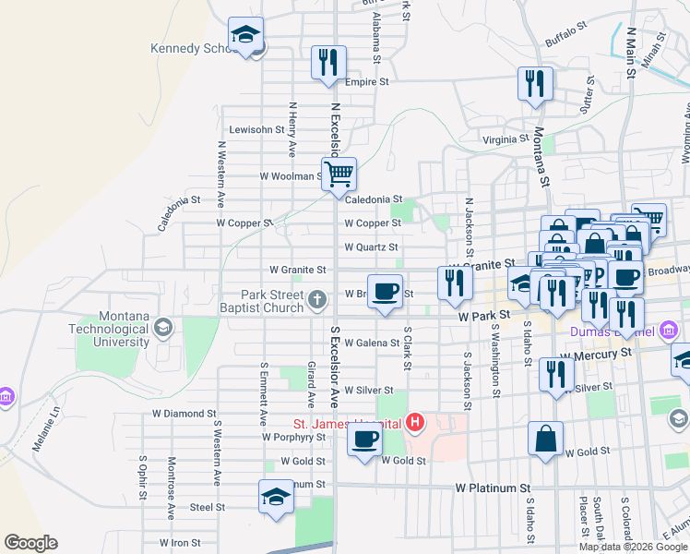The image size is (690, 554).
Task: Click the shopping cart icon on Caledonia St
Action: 339,173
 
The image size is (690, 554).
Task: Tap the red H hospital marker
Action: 415,424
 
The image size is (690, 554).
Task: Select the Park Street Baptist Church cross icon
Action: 316,298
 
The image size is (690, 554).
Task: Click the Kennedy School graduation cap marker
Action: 246,36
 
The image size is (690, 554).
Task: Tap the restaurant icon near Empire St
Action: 328,63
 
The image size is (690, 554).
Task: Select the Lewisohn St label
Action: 253,129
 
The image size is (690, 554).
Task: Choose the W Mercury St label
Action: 595,354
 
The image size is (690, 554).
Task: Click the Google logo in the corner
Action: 30,543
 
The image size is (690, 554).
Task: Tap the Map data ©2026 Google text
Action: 633,547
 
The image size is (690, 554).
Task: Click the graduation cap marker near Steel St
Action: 276,497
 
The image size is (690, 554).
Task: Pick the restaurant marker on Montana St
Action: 535,84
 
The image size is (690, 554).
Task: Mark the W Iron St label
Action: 179,543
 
